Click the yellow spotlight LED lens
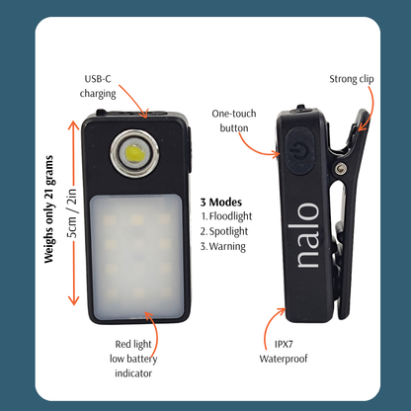134,153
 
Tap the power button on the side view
299,150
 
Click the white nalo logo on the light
308,235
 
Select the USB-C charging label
98,86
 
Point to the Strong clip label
352,79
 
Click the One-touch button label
234,121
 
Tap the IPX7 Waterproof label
284,352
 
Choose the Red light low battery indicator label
133,359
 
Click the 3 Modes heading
221,202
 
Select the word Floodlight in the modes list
230,216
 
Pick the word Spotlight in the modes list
228,231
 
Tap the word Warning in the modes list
227,246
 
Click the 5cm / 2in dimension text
72,213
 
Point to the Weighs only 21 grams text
48,209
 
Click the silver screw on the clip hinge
341,169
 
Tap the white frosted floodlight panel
136,257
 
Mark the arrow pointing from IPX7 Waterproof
269,325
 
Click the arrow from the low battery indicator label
155,329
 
